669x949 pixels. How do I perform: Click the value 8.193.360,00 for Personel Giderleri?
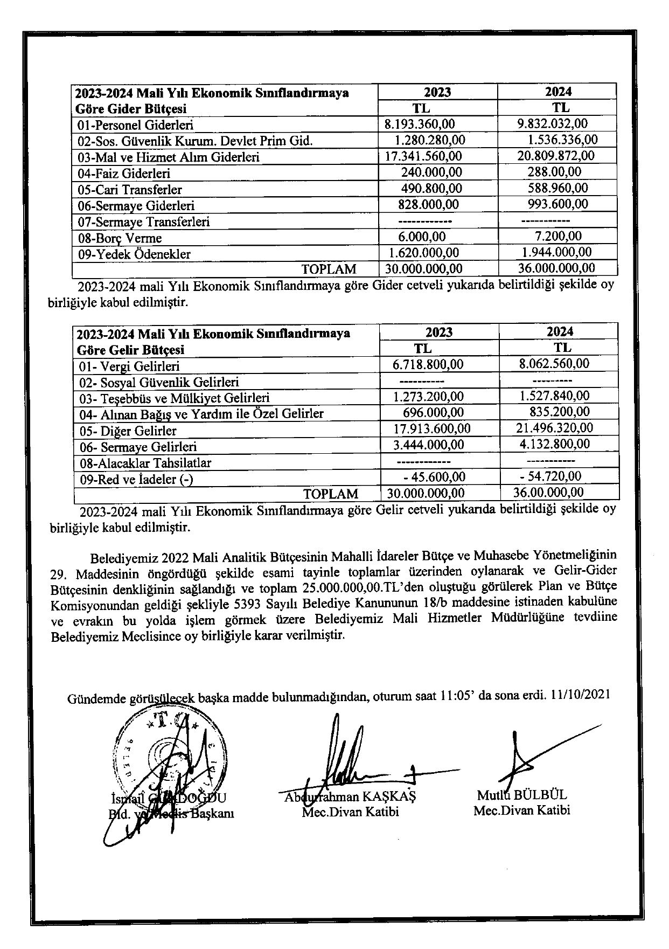(420, 125)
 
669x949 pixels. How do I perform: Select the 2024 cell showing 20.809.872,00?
(555, 156)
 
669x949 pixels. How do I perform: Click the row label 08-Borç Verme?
(120, 238)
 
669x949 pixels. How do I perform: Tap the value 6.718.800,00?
(428, 364)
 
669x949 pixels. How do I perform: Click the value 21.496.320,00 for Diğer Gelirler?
(554, 428)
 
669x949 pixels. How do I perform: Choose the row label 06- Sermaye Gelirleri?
(138, 447)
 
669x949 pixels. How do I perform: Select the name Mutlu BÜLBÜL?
(521, 795)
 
